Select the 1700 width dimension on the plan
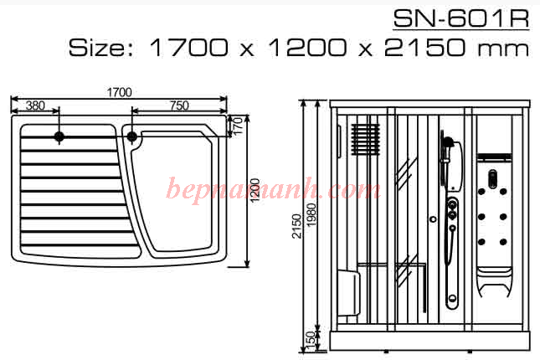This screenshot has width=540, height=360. (x=119, y=91)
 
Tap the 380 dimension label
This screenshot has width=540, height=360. (x=34, y=105)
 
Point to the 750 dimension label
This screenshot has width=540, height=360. (x=178, y=105)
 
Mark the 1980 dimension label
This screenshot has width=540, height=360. (x=311, y=214)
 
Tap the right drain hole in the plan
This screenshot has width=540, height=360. (x=131, y=136)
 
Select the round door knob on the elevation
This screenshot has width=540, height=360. (x=433, y=220)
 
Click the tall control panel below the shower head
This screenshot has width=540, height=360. (x=452, y=251)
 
